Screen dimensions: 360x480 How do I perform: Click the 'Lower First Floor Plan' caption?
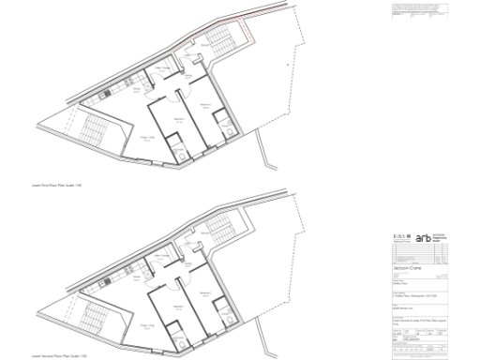59,187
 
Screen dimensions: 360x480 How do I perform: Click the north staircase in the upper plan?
222,40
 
